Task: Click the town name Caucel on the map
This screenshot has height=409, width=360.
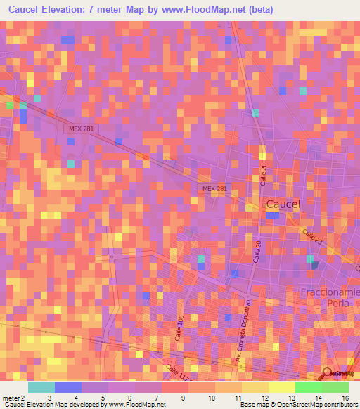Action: [x=283, y=204]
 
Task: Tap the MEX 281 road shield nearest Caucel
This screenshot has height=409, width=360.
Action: [x=214, y=189]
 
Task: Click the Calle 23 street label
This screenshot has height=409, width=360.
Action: [x=313, y=236]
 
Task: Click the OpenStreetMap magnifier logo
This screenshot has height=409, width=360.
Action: [x=328, y=375]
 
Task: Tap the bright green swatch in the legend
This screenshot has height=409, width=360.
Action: [x=308, y=387]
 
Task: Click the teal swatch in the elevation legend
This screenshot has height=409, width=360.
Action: [x=41, y=387]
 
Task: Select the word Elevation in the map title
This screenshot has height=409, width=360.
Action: [x=69, y=10]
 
